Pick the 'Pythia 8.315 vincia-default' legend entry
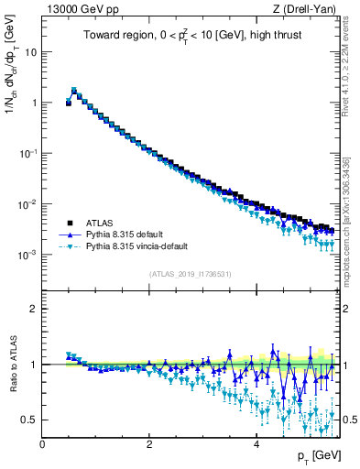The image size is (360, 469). click(136, 246)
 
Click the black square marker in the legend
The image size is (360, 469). click(68, 223)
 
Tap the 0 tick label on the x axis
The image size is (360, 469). click(42, 444)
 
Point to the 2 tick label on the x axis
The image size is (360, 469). click(149, 444)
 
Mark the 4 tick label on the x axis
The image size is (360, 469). click(256, 444)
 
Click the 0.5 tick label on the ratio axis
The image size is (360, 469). click(30, 420)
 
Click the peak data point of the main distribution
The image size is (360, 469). click(74, 92)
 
